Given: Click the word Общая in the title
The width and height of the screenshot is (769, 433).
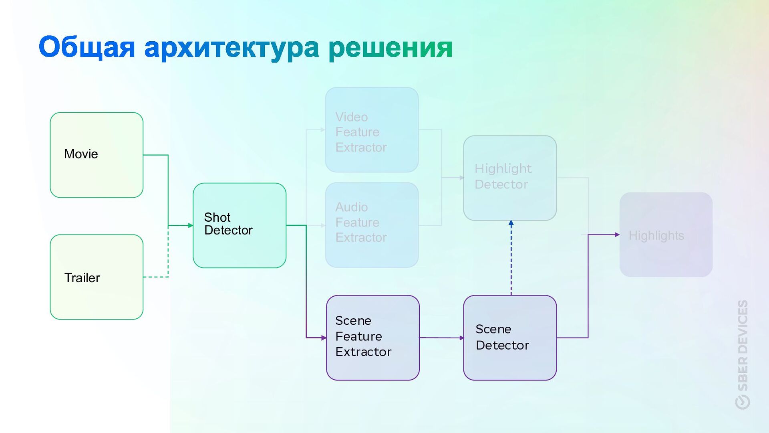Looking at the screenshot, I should [87, 47].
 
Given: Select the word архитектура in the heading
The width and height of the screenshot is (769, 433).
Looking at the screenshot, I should [231, 48].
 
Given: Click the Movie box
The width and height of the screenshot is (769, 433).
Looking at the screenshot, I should [97, 155].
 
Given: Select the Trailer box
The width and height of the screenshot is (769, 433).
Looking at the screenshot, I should [97, 277].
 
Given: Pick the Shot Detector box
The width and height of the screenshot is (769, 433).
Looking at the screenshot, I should [240, 225].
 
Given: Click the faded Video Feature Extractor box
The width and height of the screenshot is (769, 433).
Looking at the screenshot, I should [372, 130].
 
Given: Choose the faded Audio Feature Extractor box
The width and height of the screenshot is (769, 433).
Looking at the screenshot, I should [372, 225].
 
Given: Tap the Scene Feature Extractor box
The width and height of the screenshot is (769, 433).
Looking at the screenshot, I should [372, 338].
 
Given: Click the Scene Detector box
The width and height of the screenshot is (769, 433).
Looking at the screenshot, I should [509, 338].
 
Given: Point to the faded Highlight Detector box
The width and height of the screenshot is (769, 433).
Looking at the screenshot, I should [509, 178].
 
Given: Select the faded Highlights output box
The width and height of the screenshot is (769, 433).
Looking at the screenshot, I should [666, 235].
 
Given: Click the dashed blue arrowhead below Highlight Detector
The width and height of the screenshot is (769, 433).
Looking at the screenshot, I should [511, 223].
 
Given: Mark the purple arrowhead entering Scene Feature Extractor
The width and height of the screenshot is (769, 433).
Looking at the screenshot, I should [324, 338].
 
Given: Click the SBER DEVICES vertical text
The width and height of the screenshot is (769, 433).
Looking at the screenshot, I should [743, 345].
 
